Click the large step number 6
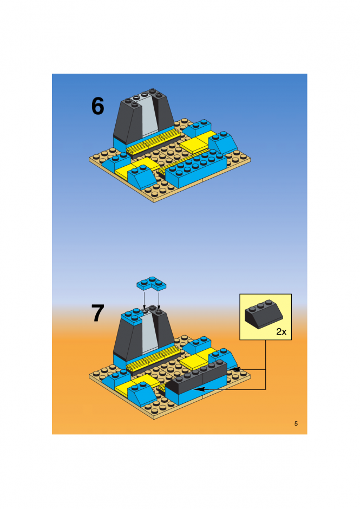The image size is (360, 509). (97, 106)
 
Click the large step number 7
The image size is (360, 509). (97, 313)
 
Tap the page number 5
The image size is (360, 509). (296, 423)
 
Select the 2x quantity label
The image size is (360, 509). (282, 331)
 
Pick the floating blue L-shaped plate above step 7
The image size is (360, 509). (151, 284)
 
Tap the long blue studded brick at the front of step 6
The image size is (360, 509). (196, 168)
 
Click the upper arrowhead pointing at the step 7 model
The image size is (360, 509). (235, 369)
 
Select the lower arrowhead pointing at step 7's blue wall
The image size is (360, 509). (200, 389)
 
